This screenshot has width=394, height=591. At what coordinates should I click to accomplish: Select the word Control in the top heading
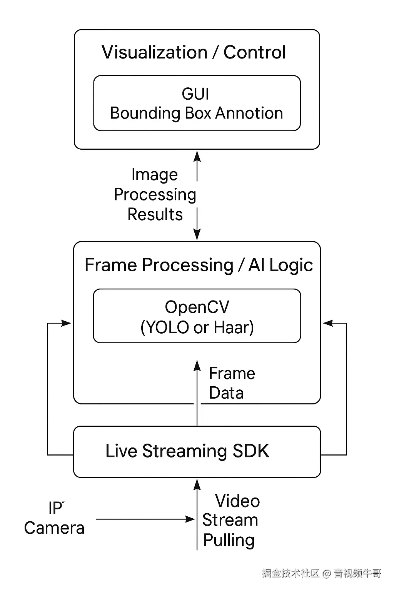[255, 52]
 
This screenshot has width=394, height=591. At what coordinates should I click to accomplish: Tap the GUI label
[195, 94]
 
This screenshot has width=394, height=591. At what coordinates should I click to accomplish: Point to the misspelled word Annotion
[249, 113]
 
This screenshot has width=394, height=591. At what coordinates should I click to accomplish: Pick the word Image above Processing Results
[155, 174]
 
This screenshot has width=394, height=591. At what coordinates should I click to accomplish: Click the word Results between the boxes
[155, 214]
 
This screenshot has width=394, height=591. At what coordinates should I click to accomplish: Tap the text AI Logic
[280, 265]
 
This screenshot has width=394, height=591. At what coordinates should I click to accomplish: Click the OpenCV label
[197, 307]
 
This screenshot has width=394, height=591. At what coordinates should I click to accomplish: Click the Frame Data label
[232, 383]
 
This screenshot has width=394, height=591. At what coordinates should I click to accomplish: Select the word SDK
[251, 451]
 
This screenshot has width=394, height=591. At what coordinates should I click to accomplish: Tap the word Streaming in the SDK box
[184, 451]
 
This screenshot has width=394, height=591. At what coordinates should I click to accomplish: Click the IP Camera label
[54, 519]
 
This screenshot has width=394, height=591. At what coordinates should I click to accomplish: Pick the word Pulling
[229, 540]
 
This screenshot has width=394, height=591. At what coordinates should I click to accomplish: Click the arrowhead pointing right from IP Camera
[191, 519]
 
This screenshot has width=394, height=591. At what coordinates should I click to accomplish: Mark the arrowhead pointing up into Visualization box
[197, 156]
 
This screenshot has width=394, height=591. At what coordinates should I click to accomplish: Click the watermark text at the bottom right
[322, 573]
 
